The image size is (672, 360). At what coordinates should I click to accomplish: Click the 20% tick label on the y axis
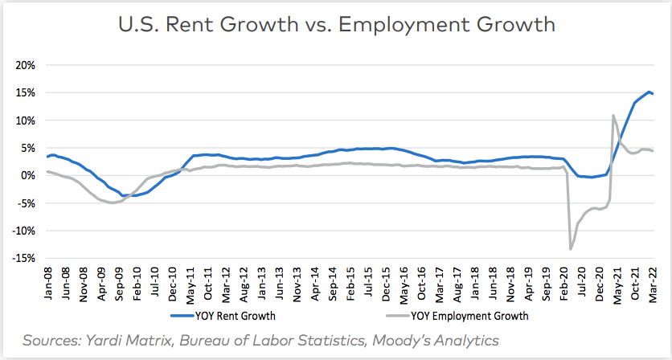(24, 65)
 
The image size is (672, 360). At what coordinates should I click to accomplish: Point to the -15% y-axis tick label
(23, 258)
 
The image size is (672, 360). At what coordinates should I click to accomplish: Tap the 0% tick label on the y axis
(27, 175)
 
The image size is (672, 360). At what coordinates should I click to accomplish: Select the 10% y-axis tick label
(24, 121)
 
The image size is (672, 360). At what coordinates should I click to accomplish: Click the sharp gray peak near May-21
(613, 116)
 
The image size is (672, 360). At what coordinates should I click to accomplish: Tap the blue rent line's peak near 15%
(648, 92)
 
